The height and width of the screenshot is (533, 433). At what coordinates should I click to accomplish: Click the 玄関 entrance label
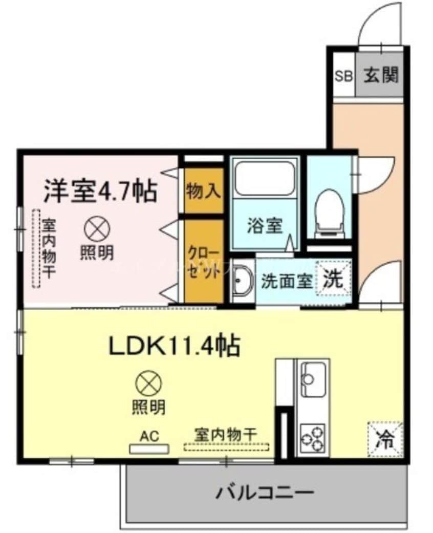tap(381, 76)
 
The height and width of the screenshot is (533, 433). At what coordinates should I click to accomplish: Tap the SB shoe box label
tap(343, 77)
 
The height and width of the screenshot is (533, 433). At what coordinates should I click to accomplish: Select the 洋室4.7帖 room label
tap(99, 191)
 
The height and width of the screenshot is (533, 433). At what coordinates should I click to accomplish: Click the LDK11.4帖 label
tap(175, 347)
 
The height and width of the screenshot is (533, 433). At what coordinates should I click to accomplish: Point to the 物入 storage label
tap(204, 191)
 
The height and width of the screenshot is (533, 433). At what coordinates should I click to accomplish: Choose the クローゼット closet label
tap(204, 263)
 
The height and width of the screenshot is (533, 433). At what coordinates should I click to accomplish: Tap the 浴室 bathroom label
tap(265, 226)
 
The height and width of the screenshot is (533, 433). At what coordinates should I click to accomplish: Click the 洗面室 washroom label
tap(287, 281)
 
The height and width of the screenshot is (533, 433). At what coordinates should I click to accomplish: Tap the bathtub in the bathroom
tap(265, 177)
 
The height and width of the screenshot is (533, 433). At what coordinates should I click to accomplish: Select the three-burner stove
tap(312, 437)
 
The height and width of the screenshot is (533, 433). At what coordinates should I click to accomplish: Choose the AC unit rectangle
tap(149, 449)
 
